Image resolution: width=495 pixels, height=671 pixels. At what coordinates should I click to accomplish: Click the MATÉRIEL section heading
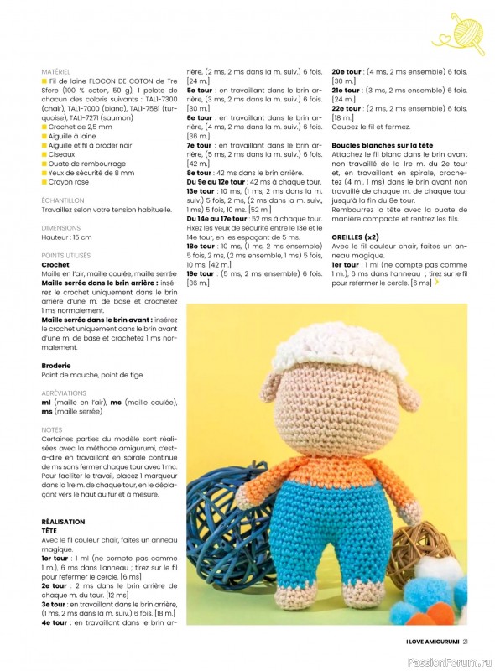click(x=55, y=72)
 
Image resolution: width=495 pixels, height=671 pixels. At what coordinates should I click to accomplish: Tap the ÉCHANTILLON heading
click(x=63, y=201)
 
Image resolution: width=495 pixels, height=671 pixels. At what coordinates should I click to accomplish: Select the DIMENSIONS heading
click(x=61, y=228)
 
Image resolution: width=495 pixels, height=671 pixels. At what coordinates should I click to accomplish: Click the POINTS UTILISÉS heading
click(x=67, y=255)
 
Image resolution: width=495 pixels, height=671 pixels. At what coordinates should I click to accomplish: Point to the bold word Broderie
click(x=56, y=366)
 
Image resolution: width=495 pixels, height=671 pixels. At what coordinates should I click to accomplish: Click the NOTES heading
click(x=51, y=429)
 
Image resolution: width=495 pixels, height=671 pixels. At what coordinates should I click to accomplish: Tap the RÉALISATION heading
click(x=64, y=521)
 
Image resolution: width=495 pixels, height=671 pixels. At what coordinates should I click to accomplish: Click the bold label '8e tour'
click(x=201, y=173)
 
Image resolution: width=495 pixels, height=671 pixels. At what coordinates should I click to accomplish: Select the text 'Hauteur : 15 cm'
click(x=67, y=237)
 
